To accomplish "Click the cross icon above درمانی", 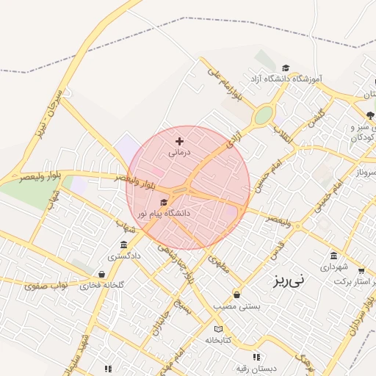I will (x=180, y=140).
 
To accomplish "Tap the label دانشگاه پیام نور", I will (x=168, y=213).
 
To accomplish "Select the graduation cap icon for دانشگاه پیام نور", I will (x=163, y=202).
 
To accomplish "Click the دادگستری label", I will (x=123, y=256).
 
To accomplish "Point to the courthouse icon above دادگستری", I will (x=123, y=245).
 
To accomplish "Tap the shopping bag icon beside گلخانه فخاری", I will (x=101, y=274).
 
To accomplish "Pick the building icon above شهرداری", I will (x=334, y=256).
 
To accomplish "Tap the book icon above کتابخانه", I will (x=218, y=328).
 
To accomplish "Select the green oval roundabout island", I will (x=263, y=116).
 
